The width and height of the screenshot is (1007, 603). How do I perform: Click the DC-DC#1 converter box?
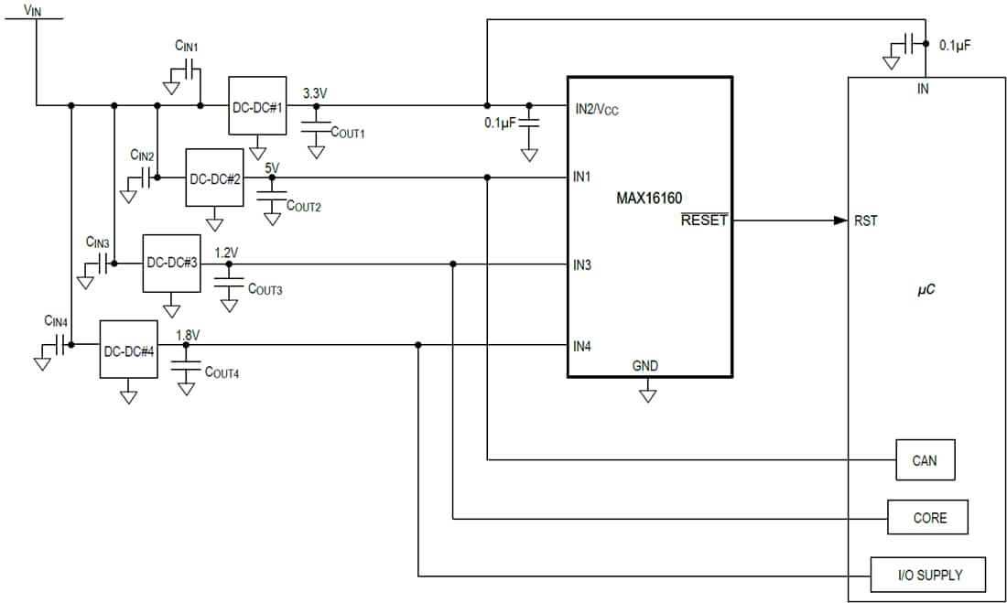point(257,105)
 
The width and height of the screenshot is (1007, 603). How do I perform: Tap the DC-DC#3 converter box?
point(172,263)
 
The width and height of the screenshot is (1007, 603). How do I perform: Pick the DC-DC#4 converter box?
point(129,350)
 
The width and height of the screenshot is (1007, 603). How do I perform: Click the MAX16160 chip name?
point(649,197)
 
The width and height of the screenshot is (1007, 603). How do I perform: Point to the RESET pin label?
point(704,221)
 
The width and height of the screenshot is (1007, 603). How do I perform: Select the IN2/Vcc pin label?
point(596,109)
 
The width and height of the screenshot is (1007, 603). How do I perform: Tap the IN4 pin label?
point(582,346)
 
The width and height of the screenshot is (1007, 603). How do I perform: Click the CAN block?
point(925,460)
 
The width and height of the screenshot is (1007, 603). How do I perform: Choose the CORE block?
point(928,518)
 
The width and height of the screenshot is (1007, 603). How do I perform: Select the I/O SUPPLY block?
point(928,575)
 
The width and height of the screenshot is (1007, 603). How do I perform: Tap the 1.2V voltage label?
point(227,251)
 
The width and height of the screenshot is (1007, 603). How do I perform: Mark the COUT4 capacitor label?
point(222,372)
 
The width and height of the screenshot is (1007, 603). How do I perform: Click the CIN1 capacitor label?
point(187,44)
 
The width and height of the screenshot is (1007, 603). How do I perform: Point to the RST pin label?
point(865,221)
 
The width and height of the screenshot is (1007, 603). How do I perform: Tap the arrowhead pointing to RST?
point(840,221)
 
